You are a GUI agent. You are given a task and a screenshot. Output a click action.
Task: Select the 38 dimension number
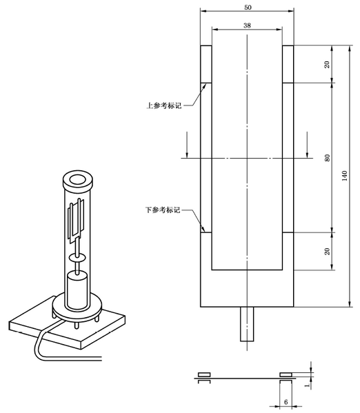(x=247, y=25)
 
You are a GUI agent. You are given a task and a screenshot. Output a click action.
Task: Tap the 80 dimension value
(x=327, y=158)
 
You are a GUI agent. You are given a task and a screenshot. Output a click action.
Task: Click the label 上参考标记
(x=163, y=106)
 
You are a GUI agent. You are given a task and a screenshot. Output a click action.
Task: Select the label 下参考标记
(x=163, y=209)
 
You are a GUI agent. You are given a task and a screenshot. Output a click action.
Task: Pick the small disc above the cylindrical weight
(x=77, y=256)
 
